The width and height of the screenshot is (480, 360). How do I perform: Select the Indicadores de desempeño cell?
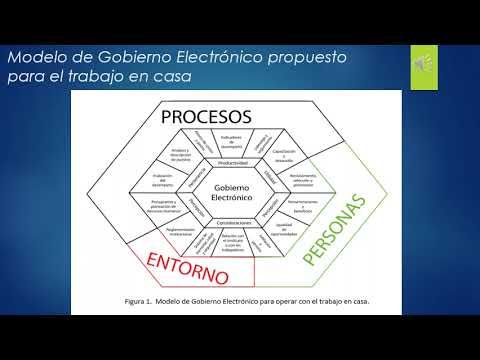pyautogui.click(x=229, y=141)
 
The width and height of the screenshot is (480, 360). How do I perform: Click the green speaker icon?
pyautogui.click(x=422, y=64)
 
